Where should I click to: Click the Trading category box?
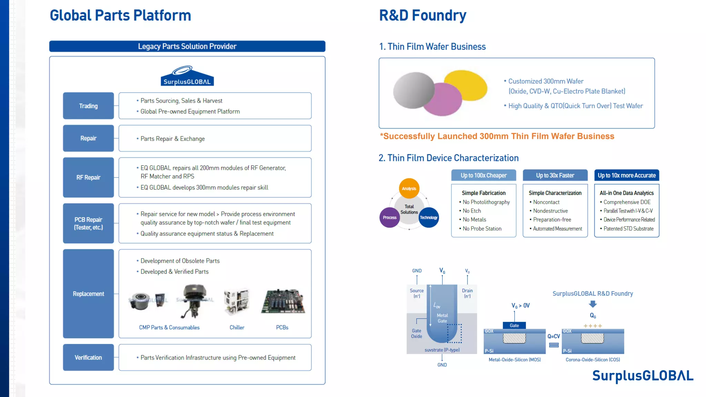tap(88, 106)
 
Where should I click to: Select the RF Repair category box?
tap(88, 177)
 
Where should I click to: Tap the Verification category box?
tap(88, 357)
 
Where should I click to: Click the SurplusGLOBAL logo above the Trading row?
tap(187, 76)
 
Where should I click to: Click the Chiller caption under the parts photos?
tap(237, 327)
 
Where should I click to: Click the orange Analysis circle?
tap(409, 188)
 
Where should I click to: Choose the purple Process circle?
tap(390, 217)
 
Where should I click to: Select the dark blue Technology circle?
tap(429, 217)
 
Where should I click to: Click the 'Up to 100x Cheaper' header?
tap(484, 175)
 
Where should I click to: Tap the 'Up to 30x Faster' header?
tap(555, 175)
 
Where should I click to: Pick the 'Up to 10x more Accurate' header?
tap(627, 175)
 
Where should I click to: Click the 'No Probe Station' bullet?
tap(482, 228)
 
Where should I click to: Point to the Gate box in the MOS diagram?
tap(514, 325)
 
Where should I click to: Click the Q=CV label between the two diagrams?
tap(554, 336)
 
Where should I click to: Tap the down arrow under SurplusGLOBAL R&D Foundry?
tap(593, 304)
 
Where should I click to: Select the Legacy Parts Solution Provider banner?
tap(187, 46)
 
